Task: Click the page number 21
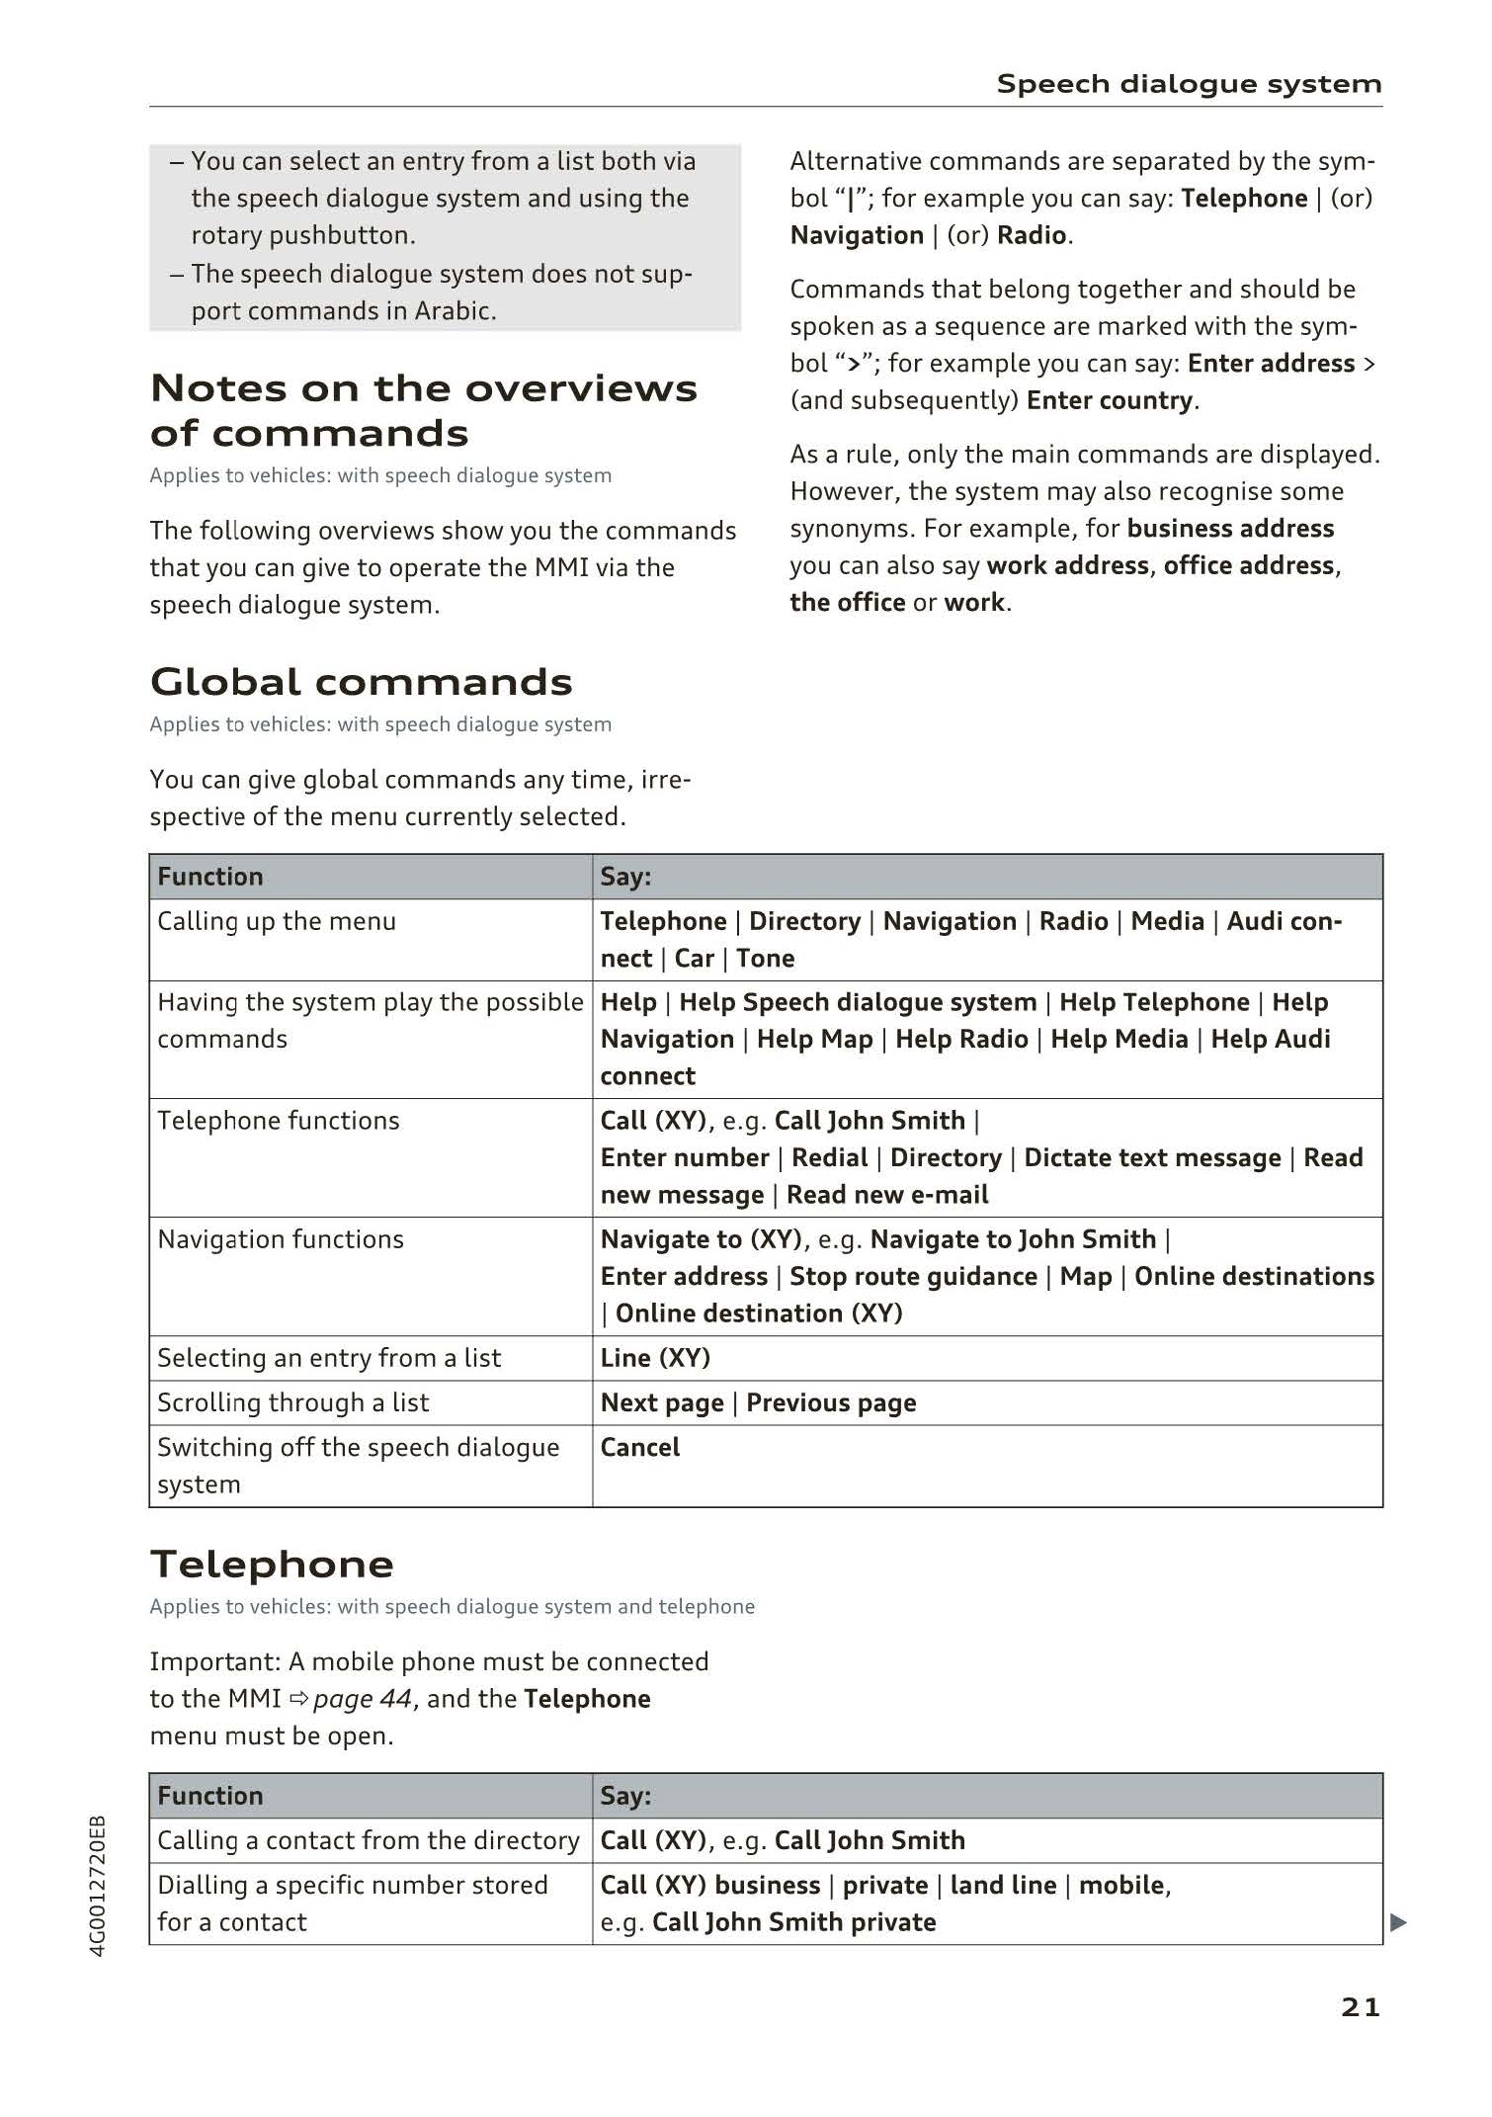[1360, 2007]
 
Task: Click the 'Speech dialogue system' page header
[1189, 84]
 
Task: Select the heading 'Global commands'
[362, 682]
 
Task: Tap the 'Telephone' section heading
[272, 1565]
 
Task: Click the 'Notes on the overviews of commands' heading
[423, 410]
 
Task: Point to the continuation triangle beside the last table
[1397, 1922]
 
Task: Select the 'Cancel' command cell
[640, 1448]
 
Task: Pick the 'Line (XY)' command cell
[655, 1358]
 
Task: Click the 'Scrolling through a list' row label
[293, 1402]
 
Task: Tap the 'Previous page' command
[831, 1403]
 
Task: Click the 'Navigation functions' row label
[281, 1239]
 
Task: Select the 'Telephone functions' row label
[279, 1121]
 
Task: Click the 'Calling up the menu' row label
[277, 921]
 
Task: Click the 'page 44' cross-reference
[362, 1699]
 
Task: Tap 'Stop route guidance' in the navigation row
[913, 1277]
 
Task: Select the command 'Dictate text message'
[1152, 1158]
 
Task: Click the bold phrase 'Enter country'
[1110, 400]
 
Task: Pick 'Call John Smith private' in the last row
[793, 1922]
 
